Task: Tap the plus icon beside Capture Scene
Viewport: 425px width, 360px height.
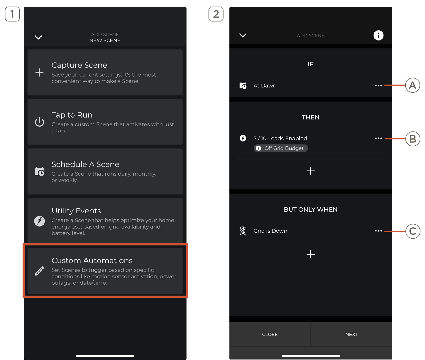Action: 39,72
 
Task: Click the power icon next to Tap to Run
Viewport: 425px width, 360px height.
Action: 39,122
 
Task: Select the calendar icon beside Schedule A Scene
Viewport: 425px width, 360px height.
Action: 39,171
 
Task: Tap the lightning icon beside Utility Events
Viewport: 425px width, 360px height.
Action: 39,221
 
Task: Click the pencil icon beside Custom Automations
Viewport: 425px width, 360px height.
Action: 39,271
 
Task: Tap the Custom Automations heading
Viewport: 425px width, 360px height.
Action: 92,260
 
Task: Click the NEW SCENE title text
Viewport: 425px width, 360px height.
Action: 105,40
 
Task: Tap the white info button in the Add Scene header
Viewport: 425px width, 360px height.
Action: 378,36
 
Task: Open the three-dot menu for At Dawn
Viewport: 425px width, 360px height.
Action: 378,86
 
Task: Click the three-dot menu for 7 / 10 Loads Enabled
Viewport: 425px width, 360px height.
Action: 378,138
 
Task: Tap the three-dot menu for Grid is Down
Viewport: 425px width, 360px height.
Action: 378,231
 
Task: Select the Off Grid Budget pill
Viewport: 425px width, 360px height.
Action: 281,148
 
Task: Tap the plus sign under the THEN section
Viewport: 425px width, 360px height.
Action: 311,171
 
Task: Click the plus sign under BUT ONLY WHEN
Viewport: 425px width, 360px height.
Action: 311,255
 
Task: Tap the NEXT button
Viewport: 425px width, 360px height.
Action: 351,334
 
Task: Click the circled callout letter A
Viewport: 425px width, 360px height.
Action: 412,85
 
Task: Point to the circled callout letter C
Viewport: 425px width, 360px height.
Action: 413,231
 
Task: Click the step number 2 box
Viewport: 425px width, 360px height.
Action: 216,14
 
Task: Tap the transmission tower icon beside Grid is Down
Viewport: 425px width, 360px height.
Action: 243,231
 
